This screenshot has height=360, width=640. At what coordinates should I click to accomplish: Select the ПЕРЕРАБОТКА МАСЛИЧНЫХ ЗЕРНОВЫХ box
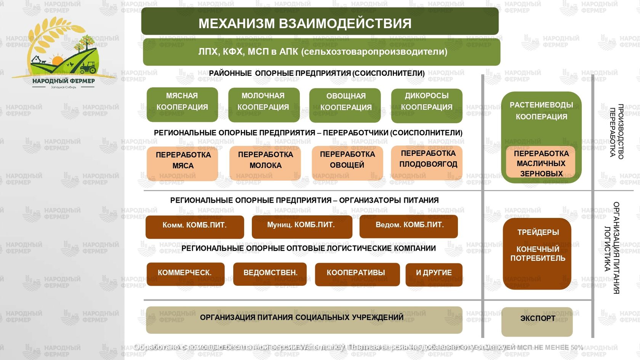[541, 163]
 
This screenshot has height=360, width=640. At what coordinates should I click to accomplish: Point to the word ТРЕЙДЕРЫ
[538, 232]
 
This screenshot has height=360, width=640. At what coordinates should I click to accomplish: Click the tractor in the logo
[88, 67]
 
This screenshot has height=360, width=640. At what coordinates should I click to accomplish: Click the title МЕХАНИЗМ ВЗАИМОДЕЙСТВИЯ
[305, 23]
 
